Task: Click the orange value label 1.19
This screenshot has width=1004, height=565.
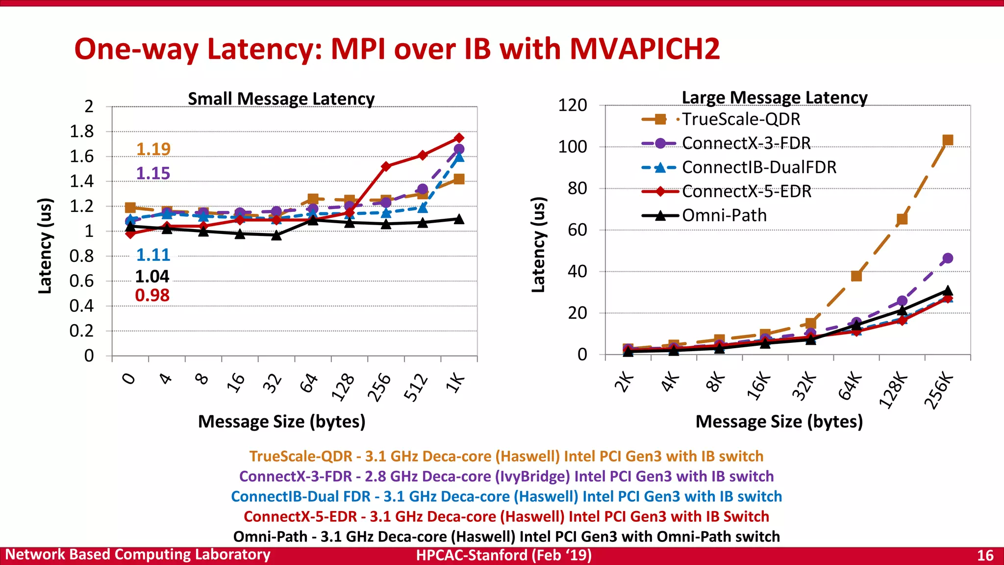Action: (x=153, y=149)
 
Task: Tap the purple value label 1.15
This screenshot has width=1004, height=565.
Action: (x=153, y=173)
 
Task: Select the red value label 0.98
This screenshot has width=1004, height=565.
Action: (x=152, y=295)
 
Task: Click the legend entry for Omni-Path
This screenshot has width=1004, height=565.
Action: (x=724, y=215)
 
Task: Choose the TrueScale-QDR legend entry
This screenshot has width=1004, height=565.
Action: (x=740, y=119)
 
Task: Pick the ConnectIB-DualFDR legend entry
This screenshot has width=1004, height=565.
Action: (x=758, y=167)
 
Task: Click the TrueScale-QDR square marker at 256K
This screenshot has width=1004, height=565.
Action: (x=948, y=140)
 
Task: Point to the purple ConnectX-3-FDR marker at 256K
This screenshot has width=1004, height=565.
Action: (x=948, y=258)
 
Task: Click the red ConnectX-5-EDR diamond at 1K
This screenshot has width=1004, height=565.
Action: (x=459, y=138)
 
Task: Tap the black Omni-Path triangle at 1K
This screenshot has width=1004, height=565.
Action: (x=459, y=219)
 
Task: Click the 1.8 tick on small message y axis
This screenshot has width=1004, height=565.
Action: (x=81, y=131)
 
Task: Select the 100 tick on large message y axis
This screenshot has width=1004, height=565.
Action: (x=572, y=147)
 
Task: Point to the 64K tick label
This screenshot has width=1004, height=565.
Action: (x=850, y=386)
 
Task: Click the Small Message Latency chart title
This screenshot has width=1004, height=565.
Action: (x=281, y=99)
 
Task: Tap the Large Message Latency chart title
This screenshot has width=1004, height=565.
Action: (x=775, y=98)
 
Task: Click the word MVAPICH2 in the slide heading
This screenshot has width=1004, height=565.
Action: (x=644, y=49)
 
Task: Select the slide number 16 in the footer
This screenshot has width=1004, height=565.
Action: (x=985, y=555)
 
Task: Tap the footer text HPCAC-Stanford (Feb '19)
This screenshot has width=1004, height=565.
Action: (x=503, y=555)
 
